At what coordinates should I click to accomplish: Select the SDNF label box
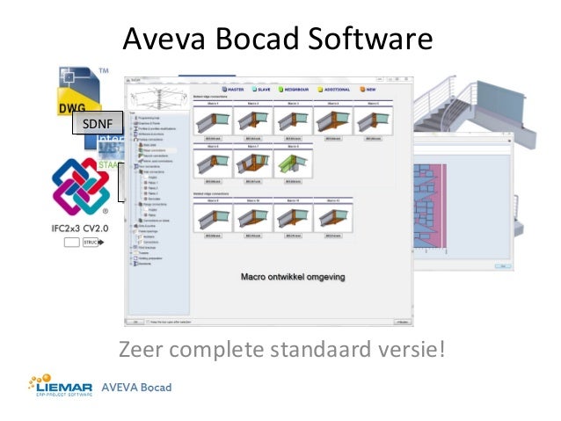click(97, 124)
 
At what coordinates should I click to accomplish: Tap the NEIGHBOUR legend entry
click(295, 89)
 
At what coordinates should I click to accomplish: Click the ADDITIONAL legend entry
click(334, 89)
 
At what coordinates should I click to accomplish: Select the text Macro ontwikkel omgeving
click(293, 277)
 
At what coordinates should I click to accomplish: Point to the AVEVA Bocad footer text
click(136, 388)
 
